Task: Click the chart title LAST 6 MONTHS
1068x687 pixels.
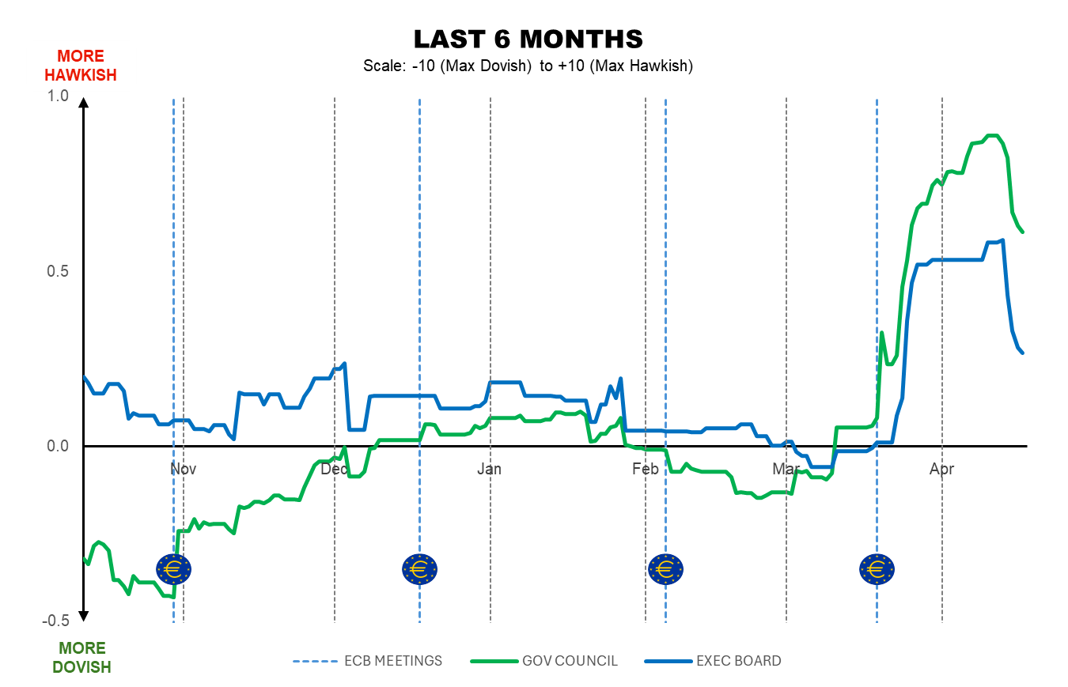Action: pyautogui.click(x=528, y=39)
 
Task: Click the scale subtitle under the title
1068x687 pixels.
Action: pyautogui.click(x=528, y=66)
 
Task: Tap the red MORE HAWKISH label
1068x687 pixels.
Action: pyautogui.click(x=81, y=66)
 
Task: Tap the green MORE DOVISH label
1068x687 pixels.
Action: pyautogui.click(x=81, y=657)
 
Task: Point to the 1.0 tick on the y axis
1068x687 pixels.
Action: pyautogui.click(x=59, y=96)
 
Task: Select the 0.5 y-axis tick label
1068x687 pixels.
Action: pyautogui.click(x=59, y=271)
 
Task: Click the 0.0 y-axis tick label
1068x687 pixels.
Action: pyautogui.click(x=59, y=446)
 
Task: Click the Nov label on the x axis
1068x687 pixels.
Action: pyautogui.click(x=183, y=469)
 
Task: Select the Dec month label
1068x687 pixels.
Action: pyautogui.click(x=335, y=469)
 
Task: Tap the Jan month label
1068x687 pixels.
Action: pyautogui.click(x=490, y=469)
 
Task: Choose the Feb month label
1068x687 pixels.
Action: pyautogui.click(x=646, y=469)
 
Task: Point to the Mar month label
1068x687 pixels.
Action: pyautogui.click(x=786, y=469)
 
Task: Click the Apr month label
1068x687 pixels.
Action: pyautogui.click(x=941, y=469)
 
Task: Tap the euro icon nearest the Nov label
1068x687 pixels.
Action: pyautogui.click(x=174, y=568)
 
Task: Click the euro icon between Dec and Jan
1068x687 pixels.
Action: pyautogui.click(x=419, y=568)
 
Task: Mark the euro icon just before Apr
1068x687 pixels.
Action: pyautogui.click(x=877, y=568)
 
